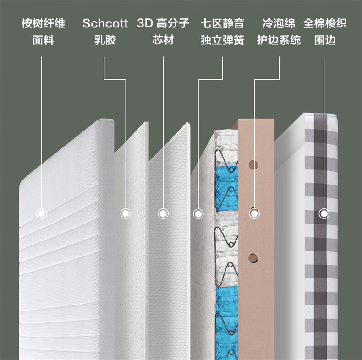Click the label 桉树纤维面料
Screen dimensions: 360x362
43,32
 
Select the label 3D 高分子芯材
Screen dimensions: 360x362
163,32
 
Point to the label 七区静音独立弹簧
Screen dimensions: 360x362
222,32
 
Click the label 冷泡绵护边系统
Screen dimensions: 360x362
279,32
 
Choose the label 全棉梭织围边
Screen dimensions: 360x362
325,32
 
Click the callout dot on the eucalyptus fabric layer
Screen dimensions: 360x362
42,213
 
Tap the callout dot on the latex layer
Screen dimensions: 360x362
126,213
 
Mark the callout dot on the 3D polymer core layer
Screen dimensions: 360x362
163,213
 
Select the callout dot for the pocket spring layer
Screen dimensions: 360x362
198,213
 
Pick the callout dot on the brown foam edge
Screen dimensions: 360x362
253,213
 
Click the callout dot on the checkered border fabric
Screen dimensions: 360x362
324,213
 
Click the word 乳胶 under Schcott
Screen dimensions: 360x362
105,40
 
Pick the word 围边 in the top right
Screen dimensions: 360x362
325,40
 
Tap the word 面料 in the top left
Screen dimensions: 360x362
43,40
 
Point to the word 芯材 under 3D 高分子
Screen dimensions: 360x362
163,40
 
